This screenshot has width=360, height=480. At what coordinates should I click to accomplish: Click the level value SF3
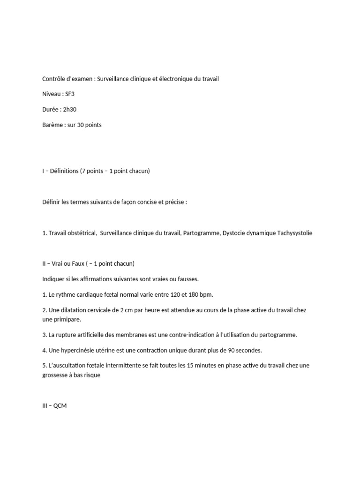(x=70, y=94)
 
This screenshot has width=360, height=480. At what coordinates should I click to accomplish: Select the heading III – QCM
(x=54, y=405)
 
